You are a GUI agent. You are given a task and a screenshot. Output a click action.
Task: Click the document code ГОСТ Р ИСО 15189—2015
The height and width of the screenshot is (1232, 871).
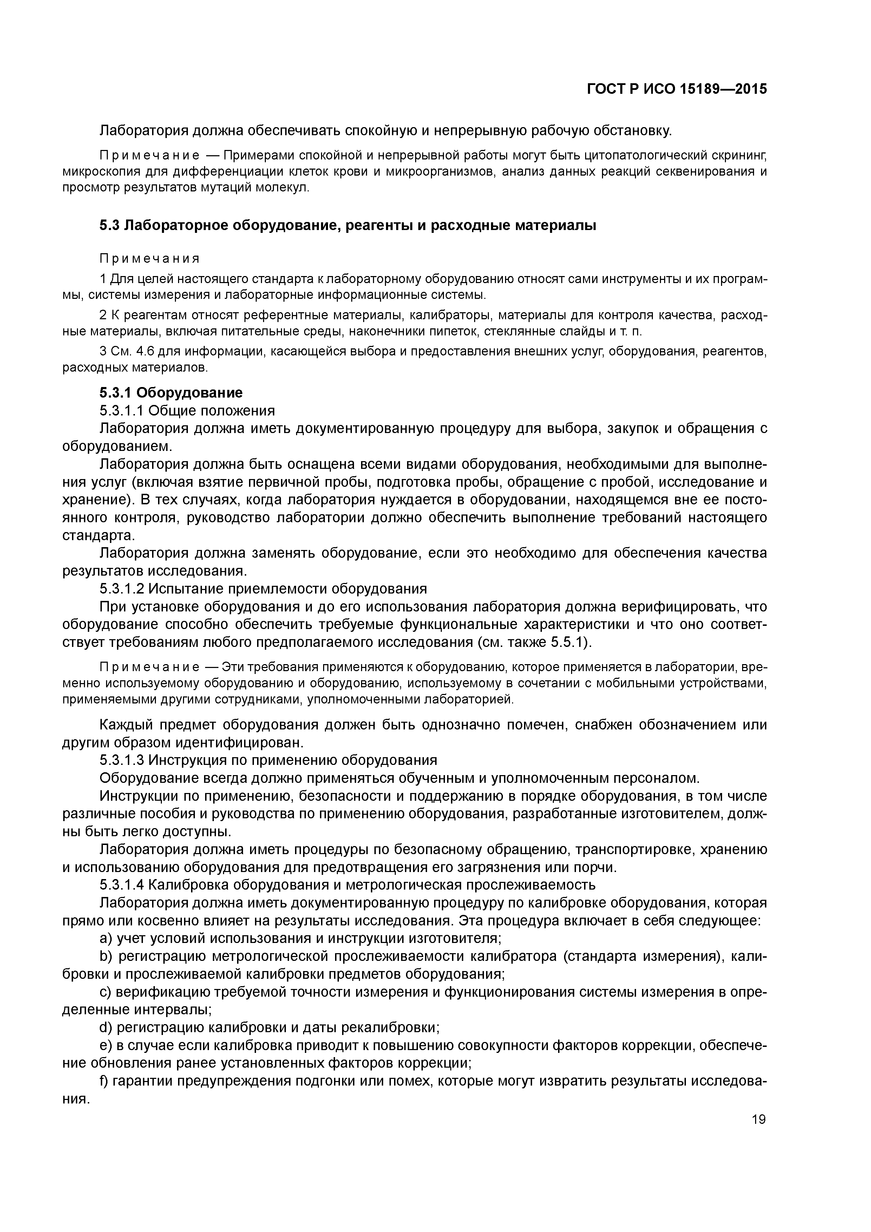[676, 90]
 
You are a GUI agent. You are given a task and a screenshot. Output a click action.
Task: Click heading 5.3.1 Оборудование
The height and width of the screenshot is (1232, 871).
[171, 393]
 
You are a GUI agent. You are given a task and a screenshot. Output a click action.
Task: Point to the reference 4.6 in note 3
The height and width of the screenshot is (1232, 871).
[146, 352]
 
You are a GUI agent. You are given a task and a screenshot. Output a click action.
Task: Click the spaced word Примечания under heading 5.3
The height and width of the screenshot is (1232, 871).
[149, 258]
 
